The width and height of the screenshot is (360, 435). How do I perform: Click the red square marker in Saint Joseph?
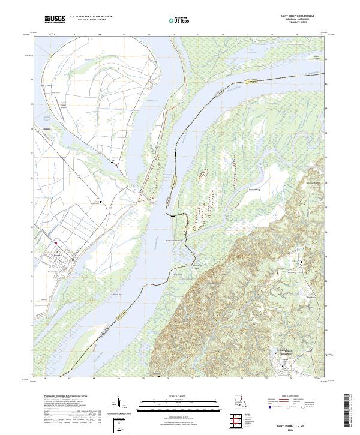tap(56, 243)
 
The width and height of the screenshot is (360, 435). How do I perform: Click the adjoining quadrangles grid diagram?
tap(239, 421)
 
